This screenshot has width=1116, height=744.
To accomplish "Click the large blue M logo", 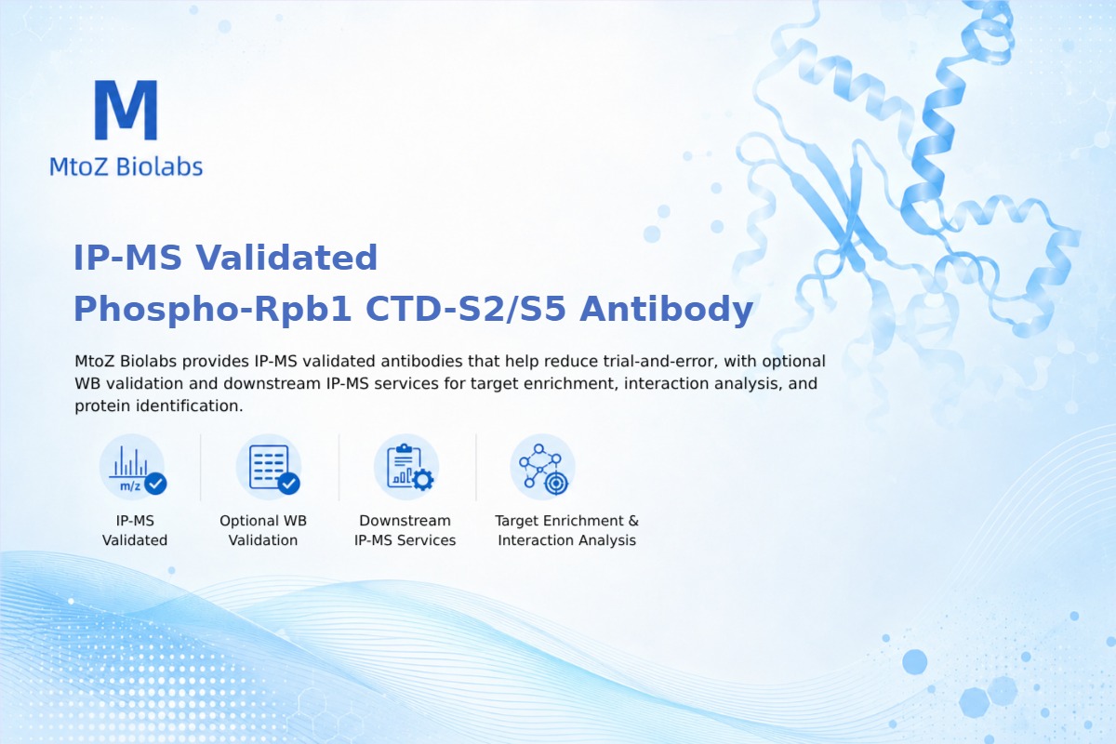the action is click(x=126, y=110).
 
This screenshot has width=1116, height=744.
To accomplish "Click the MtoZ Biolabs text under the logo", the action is click(x=126, y=166).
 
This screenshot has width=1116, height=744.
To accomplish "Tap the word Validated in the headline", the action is click(x=286, y=258).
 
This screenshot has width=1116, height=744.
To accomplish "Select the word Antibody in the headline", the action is click(x=666, y=310).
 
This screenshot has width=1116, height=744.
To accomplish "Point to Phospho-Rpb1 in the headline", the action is click(x=213, y=310).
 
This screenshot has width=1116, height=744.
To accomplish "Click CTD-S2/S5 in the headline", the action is click(x=466, y=309).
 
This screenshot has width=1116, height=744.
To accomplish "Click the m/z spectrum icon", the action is click(x=132, y=468).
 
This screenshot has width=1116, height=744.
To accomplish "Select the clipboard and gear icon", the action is click(x=406, y=468).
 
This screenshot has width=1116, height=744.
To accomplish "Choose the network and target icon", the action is click(x=542, y=468).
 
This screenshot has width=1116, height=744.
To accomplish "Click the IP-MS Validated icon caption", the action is click(x=135, y=530).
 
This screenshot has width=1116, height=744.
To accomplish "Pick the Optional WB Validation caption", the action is click(x=263, y=530).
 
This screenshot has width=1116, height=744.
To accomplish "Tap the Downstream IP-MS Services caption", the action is click(x=405, y=530).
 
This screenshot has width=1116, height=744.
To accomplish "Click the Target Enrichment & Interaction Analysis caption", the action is click(x=567, y=530).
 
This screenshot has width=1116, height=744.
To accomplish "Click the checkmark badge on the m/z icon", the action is click(x=155, y=483).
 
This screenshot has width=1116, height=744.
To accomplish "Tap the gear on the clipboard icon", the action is click(x=423, y=480).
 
